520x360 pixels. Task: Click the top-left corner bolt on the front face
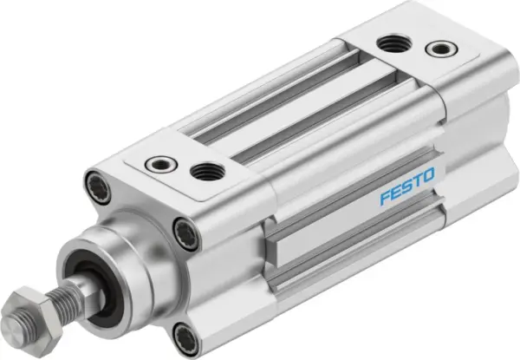click(x=94, y=185)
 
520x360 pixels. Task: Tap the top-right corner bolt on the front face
click(x=185, y=232)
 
